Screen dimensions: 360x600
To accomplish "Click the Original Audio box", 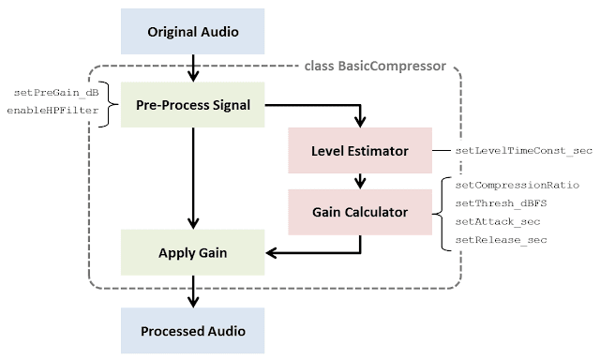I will click(193, 32).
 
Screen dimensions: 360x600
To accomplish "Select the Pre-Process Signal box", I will click(193, 104).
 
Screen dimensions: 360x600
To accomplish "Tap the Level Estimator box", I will click(359, 151).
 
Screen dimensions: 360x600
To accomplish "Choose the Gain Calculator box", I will click(359, 212).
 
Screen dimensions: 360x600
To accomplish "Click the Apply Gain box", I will click(193, 253).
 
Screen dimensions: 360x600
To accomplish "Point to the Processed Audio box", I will click(193, 330).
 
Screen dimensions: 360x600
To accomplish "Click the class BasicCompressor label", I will click(375, 67).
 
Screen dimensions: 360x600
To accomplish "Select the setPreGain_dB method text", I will click(55, 93).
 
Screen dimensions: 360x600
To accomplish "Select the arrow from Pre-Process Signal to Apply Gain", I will click(193, 178).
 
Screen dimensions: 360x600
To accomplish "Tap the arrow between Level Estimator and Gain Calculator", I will click(359, 180).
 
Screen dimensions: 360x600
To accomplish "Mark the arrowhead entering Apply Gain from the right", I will click(274, 252).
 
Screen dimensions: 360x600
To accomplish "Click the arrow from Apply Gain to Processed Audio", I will click(193, 291).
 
